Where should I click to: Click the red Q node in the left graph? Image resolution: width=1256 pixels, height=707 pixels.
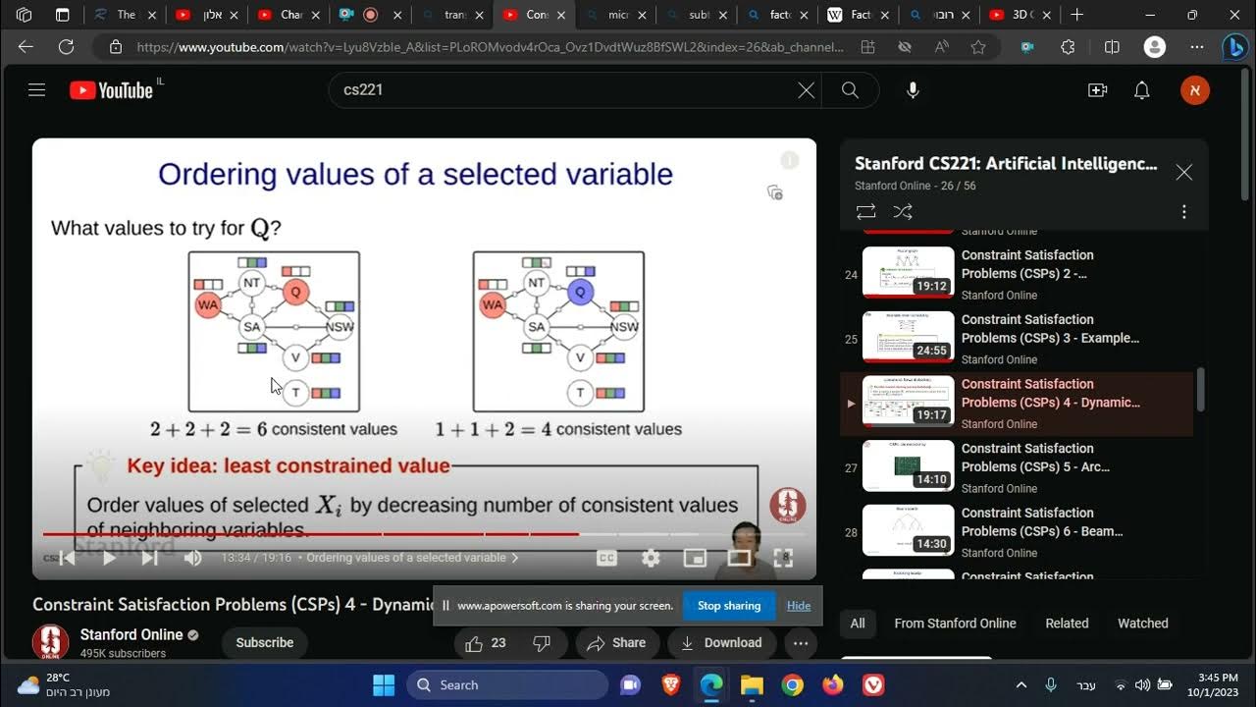tap(295, 292)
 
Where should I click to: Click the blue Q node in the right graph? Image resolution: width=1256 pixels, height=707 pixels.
tap(580, 292)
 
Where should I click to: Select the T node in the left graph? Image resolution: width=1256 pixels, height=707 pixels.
tap(295, 393)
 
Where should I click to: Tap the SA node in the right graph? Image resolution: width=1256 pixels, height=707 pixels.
tap(536, 327)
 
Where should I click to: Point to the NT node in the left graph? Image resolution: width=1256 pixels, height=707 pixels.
tap(252, 283)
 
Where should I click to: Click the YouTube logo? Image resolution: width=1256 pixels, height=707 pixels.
tap(111, 90)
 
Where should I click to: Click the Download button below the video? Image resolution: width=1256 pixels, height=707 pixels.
tap(721, 643)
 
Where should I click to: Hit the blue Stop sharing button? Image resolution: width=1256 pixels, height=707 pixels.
tap(728, 606)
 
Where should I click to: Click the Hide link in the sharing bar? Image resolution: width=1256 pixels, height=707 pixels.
tap(799, 606)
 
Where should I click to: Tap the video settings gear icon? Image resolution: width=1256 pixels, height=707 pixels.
tap(651, 558)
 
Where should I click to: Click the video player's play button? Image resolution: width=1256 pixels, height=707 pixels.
tap(109, 558)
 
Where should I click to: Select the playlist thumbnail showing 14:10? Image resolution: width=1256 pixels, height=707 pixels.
tap(908, 465)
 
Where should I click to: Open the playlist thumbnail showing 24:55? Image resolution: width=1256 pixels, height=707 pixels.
tap(908, 337)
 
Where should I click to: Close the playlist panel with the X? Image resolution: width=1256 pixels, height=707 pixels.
tap(1184, 173)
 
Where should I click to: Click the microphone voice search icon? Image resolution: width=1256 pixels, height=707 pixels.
tap(913, 90)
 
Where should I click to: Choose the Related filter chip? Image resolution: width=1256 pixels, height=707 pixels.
tap(1067, 624)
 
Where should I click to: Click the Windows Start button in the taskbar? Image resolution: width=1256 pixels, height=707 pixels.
tap(384, 684)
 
